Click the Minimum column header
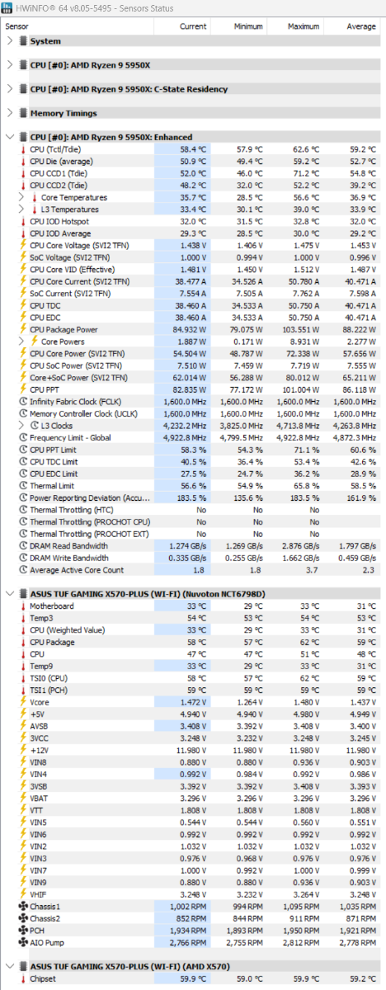248,26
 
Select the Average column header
361,26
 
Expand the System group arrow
10,41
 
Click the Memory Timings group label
64,113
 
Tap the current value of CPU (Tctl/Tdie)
193,149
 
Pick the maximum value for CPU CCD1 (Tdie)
306,173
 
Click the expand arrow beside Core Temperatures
21,197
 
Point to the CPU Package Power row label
64,330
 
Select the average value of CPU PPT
360,389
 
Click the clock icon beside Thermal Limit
23,485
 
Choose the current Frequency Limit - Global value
185,437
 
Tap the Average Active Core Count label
77,570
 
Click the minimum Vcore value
251,702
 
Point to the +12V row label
40,751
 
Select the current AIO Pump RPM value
188,943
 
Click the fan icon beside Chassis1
23,907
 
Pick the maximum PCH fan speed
301,931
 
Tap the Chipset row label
43,979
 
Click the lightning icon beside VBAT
23,799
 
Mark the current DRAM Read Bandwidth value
188,546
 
